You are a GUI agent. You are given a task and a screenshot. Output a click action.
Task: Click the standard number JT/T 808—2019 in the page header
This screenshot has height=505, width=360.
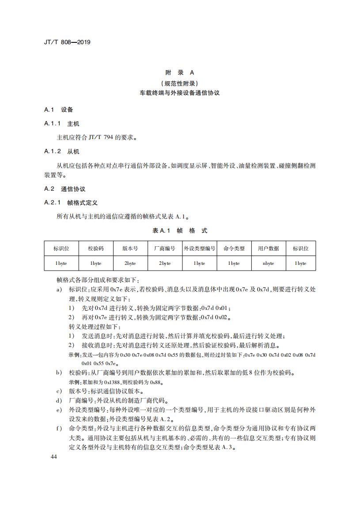coord(67,43)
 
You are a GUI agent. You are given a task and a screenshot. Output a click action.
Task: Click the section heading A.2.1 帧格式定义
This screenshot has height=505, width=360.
coord(71,203)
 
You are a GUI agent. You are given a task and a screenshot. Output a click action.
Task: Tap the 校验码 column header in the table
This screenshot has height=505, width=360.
coord(96,249)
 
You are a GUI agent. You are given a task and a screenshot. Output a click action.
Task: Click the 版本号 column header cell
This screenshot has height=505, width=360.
coord(130,249)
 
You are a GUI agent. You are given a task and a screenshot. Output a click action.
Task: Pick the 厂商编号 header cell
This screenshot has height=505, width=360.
coord(165,249)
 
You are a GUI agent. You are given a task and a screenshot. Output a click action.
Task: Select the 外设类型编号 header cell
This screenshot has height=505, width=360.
coord(199,249)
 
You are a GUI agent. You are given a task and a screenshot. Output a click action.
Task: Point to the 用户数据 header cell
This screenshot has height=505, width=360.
coord(269,249)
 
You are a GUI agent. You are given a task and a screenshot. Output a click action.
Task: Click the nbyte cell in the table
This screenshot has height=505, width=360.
coord(269,263)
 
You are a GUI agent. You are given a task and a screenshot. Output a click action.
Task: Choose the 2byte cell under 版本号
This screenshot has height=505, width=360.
coord(130,263)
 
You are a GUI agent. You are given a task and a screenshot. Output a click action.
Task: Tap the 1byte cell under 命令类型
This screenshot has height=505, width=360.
coord(234,263)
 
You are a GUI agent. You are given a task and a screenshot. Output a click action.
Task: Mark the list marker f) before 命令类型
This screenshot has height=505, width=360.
coord(59,428)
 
